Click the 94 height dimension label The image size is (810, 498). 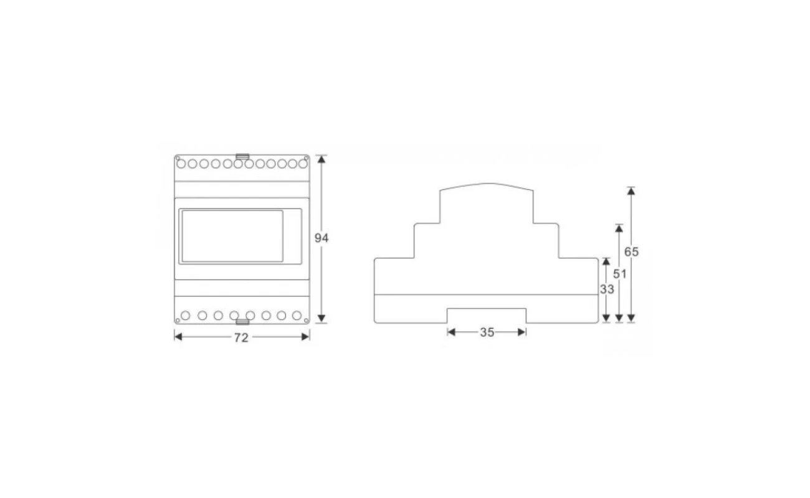(x=321, y=238)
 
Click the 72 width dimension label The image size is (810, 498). (x=241, y=337)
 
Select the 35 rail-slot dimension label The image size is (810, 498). (x=487, y=332)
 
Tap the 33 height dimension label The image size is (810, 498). (x=607, y=289)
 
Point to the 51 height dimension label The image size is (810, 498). (x=620, y=274)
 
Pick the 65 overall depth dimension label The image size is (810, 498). (x=631, y=252)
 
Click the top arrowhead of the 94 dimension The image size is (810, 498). (x=322, y=159)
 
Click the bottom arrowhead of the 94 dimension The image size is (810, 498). (x=322, y=318)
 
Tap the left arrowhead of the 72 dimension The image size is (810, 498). (x=178, y=337)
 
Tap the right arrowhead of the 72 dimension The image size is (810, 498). (x=305, y=337)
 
